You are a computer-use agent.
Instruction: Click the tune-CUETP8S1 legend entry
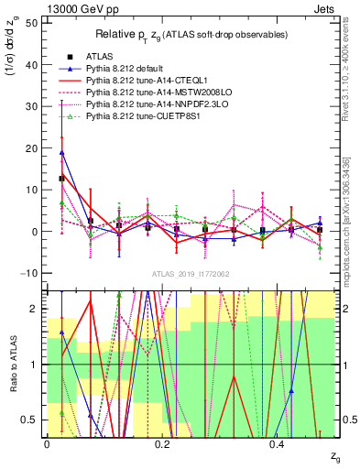tap(136, 117)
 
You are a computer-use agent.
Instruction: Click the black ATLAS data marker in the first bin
tap(61, 178)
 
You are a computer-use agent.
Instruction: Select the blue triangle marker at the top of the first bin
tap(61, 152)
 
